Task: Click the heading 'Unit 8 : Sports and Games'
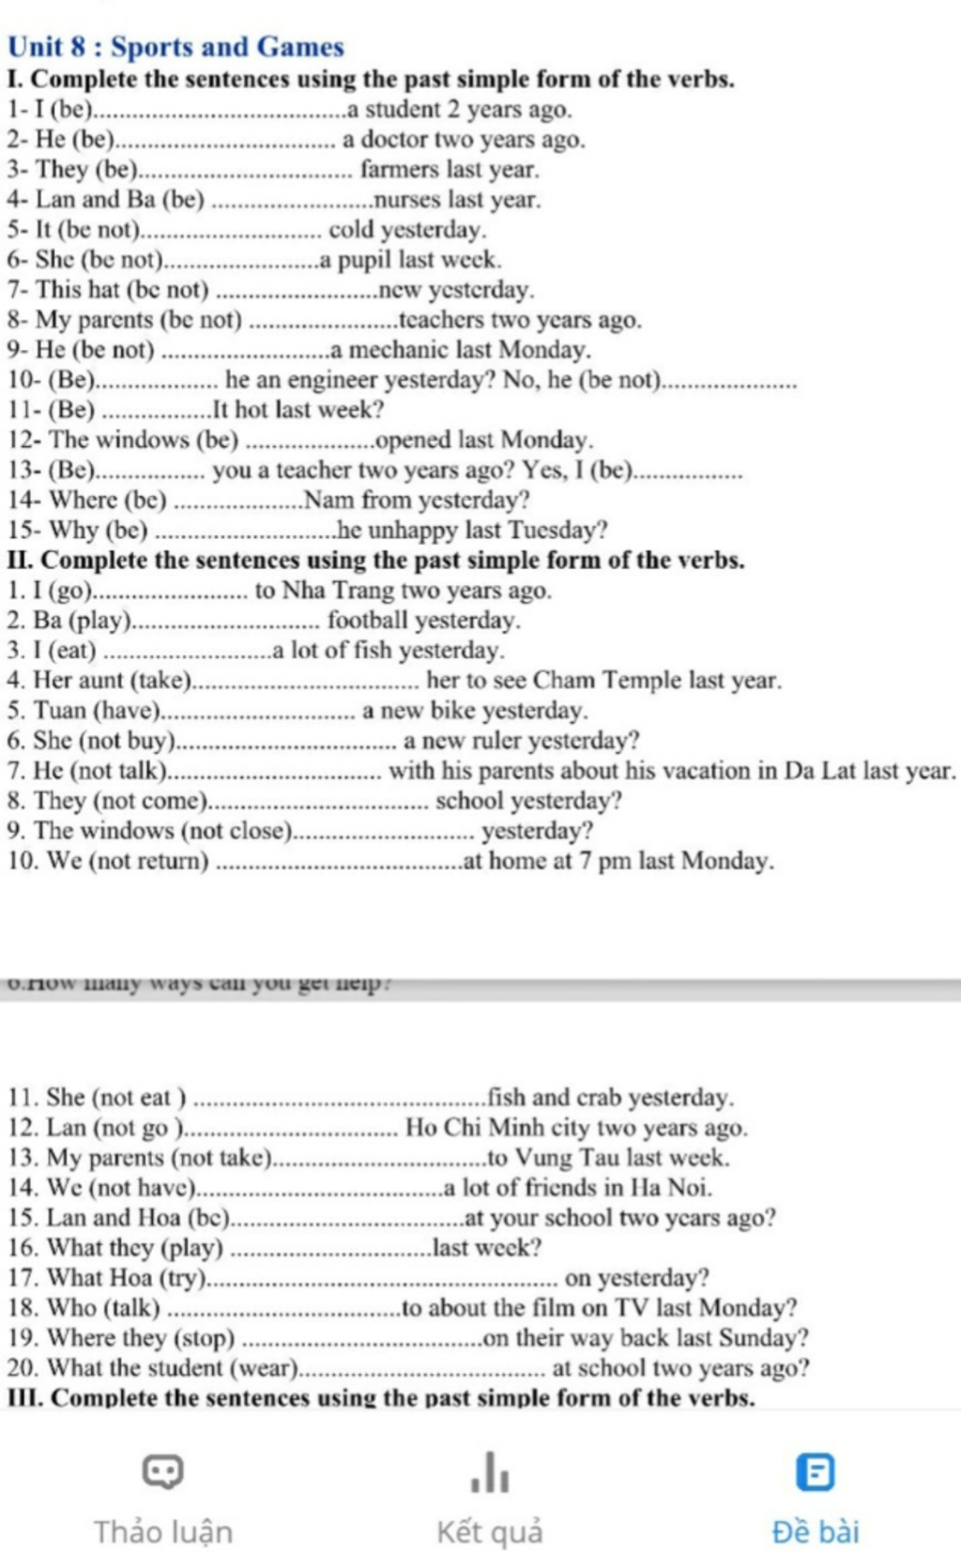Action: pyautogui.click(x=175, y=47)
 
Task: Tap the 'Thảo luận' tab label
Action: pyautogui.click(x=162, y=1531)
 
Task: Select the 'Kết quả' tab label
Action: pyautogui.click(x=489, y=1531)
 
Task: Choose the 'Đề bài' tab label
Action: pyautogui.click(x=815, y=1531)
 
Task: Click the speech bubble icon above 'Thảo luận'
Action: pyautogui.click(x=162, y=1471)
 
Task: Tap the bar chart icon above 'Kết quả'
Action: pyautogui.click(x=490, y=1471)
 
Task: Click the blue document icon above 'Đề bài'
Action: pyautogui.click(x=815, y=1472)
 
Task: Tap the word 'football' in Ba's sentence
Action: pyautogui.click(x=368, y=621)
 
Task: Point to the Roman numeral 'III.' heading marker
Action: pyautogui.click(x=25, y=1398)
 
